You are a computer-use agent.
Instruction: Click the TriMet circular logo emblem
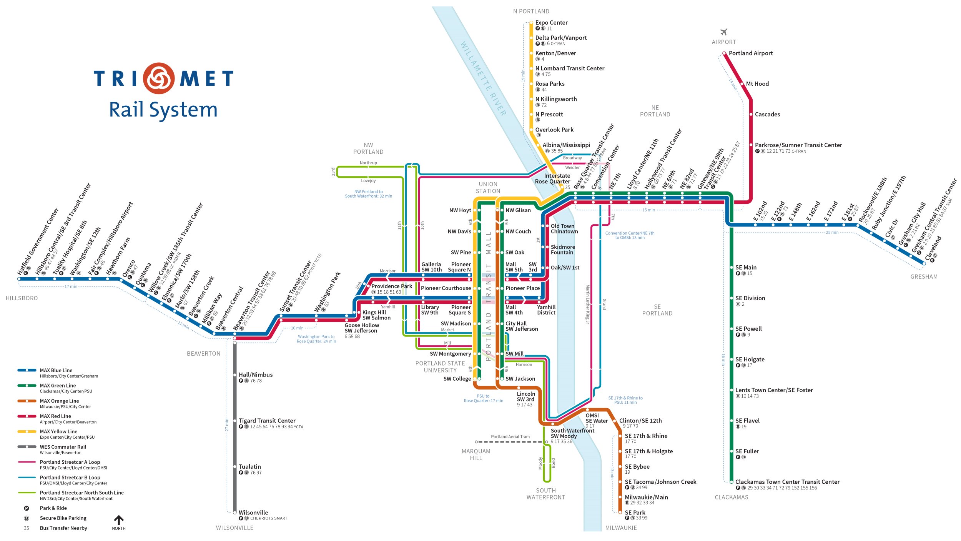pyautogui.click(x=159, y=78)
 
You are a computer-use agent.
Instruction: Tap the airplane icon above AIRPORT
pyautogui.click(x=724, y=32)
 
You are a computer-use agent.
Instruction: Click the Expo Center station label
pyautogui.click(x=551, y=23)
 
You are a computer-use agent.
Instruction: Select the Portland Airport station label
pyautogui.click(x=751, y=53)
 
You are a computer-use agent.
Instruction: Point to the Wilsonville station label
pyautogui.click(x=253, y=513)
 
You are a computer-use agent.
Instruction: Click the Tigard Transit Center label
pyautogui.click(x=267, y=421)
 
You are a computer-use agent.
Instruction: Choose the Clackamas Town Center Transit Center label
pyautogui.click(x=787, y=482)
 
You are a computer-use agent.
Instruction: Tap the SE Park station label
pyautogui.click(x=635, y=513)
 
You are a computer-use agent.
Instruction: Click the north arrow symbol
pyautogui.click(x=119, y=520)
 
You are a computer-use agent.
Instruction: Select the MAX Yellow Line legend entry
pyautogui.click(x=58, y=431)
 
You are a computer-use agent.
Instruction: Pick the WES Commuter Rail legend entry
pyautogui.click(x=63, y=447)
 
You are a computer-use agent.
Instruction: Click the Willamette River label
pyautogui.click(x=483, y=79)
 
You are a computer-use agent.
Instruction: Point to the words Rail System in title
pyautogui.click(x=163, y=110)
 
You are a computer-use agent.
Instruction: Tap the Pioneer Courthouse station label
pyautogui.click(x=446, y=288)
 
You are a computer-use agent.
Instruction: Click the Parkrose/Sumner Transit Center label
pyautogui.click(x=798, y=145)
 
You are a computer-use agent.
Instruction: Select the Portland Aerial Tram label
pyautogui.click(x=510, y=436)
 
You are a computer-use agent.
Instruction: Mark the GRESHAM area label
pyautogui.click(x=924, y=276)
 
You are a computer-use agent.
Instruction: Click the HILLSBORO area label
pyautogui.click(x=22, y=298)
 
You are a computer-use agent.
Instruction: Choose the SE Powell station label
pyautogui.click(x=748, y=329)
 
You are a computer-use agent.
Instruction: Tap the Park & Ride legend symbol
pyautogui.click(x=27, y=508)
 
